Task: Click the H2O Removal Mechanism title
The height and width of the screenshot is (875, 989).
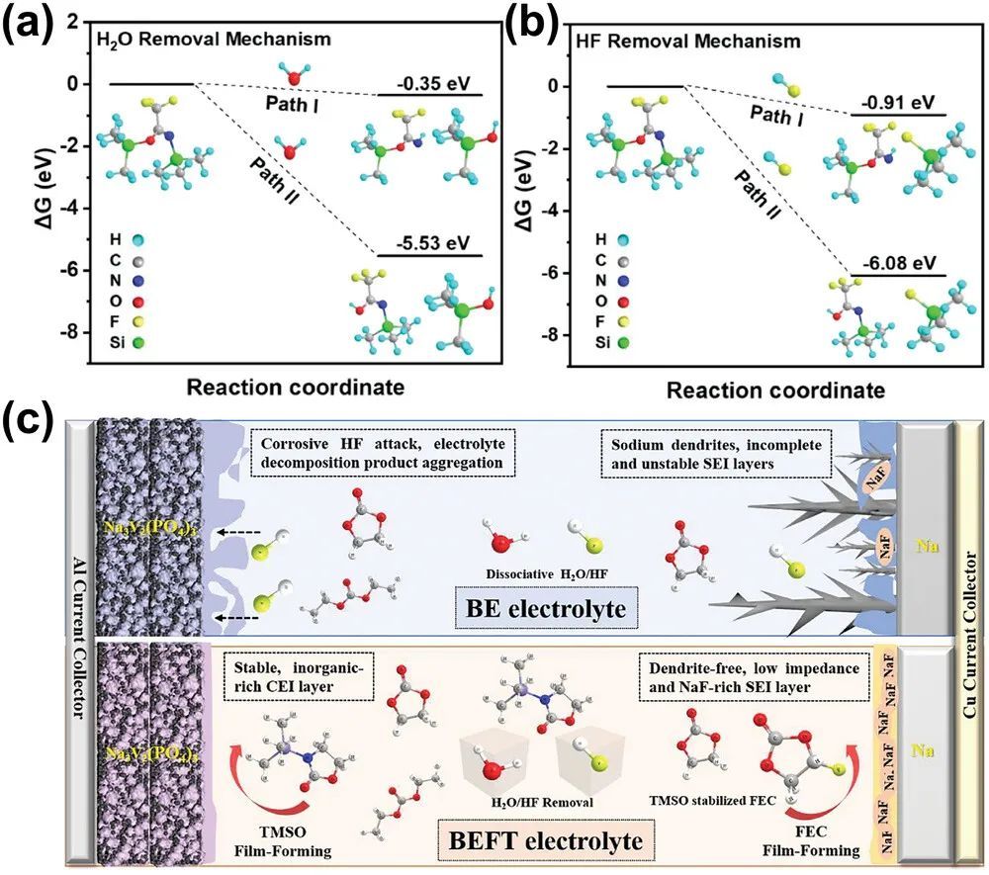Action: point(214,40)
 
